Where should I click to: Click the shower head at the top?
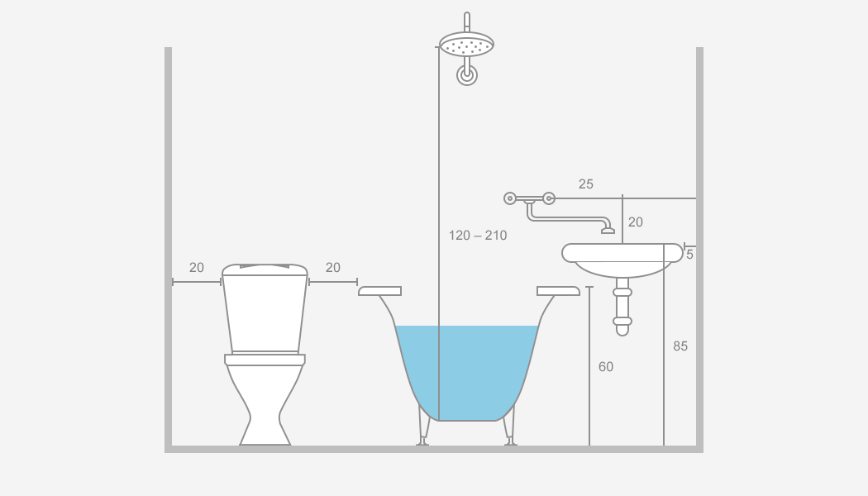[x=467, y=44]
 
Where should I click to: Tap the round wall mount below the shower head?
[x=467, y=75]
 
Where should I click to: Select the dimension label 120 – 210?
[x=478, y=236]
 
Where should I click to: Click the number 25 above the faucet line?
[x=585, y=184]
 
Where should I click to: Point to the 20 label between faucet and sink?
[x=636, y=222]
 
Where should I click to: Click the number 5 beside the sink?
[x=689, y=255]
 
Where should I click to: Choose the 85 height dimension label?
[x=680, y=346]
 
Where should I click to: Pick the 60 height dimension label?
[x=606, y=366]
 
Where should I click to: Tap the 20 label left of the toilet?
[x=197, y=267]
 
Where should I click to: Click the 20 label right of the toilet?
[x=332, y=267]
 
